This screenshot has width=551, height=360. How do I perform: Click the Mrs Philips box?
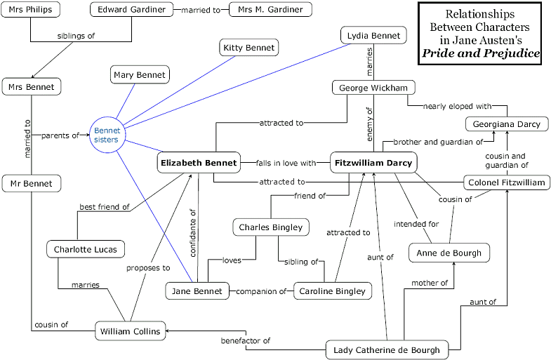30,11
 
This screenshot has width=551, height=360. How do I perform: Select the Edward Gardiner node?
132,11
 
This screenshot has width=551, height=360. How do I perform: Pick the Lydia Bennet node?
373,34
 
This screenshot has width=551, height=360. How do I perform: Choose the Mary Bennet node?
139,74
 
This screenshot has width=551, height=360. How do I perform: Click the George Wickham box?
373,88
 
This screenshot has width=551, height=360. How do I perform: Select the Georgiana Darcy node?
503,124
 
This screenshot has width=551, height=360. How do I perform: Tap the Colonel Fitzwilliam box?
502,182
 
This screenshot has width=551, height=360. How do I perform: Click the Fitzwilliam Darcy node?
373,163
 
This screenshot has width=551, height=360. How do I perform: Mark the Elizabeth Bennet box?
199,163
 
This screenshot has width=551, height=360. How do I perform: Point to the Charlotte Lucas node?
86,249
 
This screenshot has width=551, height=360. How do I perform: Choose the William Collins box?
131,331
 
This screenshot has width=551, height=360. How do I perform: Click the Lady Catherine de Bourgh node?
387,349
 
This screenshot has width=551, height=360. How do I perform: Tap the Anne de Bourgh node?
449,253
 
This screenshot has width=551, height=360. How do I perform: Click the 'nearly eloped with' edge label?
456,107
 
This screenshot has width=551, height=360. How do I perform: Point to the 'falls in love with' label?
286,163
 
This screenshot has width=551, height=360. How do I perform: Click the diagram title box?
479,34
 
